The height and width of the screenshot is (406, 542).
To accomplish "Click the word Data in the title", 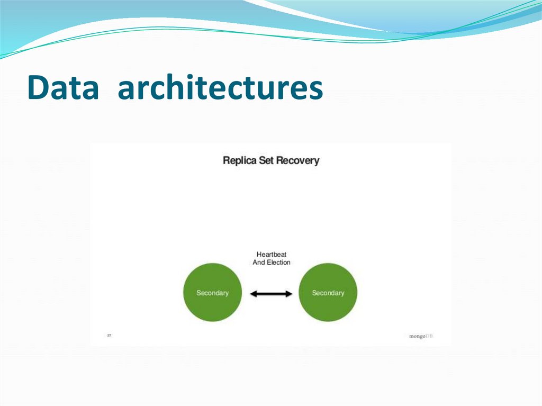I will click(x=63, y=88).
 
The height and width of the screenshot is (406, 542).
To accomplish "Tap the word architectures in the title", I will click(x=220, y=88).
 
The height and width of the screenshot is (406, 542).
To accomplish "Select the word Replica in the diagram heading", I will click(x=239, y=160).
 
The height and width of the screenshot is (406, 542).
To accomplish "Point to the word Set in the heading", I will click(x=266, y=160).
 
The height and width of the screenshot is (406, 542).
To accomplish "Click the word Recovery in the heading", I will click(x=297, y=160).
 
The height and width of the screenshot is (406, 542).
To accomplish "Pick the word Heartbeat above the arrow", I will click(x=272, y=255).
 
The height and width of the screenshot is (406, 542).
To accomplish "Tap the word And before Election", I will click(x=259, y=263).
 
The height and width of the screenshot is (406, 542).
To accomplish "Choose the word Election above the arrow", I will click(x=278, y=263).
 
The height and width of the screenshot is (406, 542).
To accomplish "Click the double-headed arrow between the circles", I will click(x=271, y=294).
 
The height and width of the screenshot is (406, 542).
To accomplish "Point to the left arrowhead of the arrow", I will click(x=253, y=294).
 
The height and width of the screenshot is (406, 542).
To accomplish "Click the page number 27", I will click(x=109, y=335).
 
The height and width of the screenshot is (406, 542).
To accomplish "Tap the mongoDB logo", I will click(x=421, y=336).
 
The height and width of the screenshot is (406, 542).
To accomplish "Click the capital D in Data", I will click(x=37, y=88).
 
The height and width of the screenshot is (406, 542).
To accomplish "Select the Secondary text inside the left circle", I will click(x=212, y=293).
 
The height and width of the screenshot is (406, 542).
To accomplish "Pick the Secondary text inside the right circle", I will click(x=328, y=293).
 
